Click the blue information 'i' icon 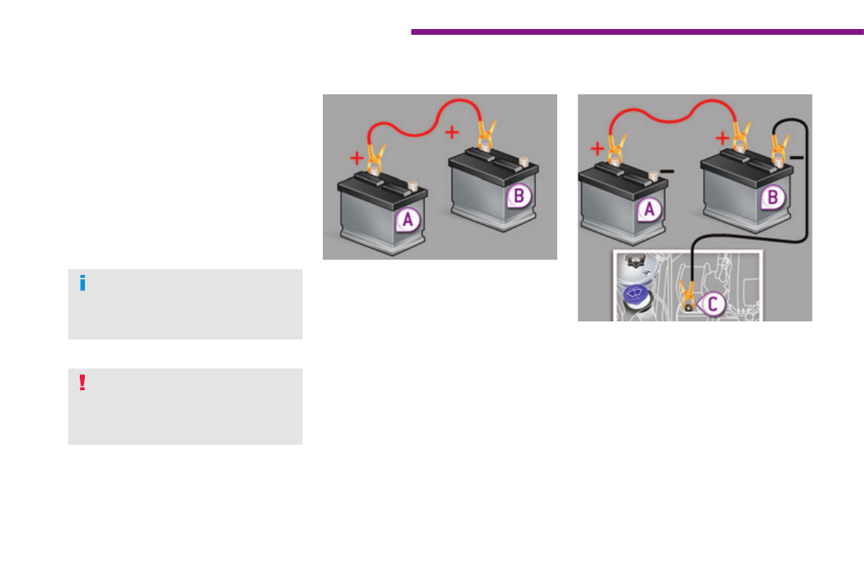coord(82,284)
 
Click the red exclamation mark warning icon coord(82,382)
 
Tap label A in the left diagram coord(407,220)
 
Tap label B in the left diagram coord(519,194)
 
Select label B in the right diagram coord(773,196)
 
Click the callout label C coord(711,304)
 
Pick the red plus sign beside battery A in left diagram coord(357,157)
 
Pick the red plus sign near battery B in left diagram coord(452,132)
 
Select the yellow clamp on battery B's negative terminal coord(779,145)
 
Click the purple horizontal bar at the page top coord(637,32)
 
